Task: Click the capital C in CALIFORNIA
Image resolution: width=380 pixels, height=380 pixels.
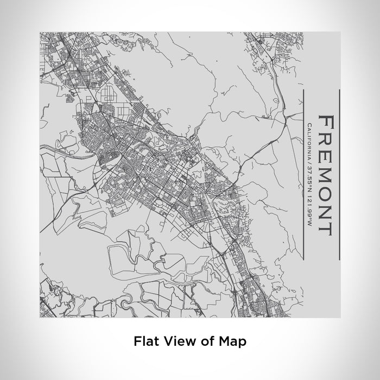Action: pyautogui.click(x=309, y=126)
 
